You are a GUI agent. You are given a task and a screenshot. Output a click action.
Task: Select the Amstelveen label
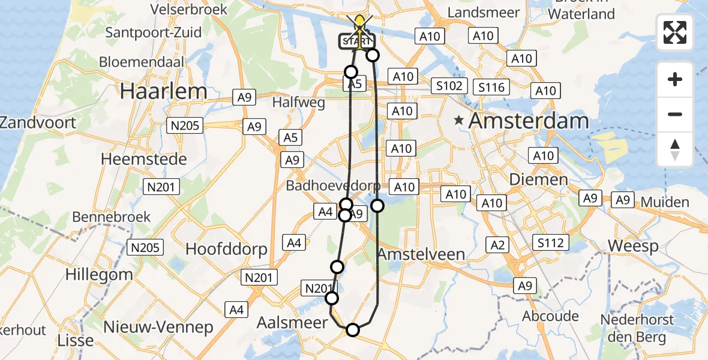[x=421, y=254]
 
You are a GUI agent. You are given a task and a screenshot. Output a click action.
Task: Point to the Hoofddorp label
[x=226, y=249]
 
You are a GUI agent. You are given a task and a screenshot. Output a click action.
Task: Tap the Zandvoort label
[x=38, y=122]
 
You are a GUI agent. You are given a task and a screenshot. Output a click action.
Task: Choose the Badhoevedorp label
[x=333, y=185]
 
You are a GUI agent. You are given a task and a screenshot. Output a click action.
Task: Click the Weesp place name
[x=633, y=245]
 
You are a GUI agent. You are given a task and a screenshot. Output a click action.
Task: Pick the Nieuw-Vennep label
[x=158, y=327]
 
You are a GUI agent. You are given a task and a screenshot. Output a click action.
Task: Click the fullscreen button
[x=675, y=32]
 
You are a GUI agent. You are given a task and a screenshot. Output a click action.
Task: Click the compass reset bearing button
[x=675, y=149]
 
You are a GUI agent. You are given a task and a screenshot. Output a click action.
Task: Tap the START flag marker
[x=359, y=41]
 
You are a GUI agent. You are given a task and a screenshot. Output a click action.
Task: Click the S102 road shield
[x=449, y=86]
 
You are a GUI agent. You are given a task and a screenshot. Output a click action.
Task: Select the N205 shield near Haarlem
[x=185, y=125]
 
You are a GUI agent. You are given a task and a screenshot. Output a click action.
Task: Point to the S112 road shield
[x=550, y=242]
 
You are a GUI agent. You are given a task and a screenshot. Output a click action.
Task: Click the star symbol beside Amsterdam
[x=459, y=121]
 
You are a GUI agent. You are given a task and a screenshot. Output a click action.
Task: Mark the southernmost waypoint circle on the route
[x=353, y=329]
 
